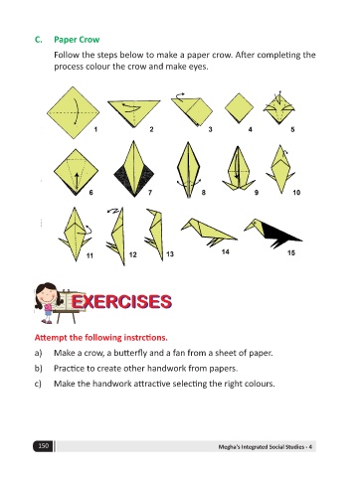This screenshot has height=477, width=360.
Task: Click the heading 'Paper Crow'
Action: [77, 40]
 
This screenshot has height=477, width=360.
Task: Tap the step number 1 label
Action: [95, 129]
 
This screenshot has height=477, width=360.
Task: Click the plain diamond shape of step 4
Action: [239, 108]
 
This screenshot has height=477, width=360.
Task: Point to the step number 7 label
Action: [150, 192]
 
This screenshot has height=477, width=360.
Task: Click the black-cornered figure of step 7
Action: [134, 169]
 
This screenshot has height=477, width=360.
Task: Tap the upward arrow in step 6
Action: [77, 181]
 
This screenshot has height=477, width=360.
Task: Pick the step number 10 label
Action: [296, 192]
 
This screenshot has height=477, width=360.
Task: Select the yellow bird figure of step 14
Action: [209, 232]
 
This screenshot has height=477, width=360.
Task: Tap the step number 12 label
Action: [132, 254]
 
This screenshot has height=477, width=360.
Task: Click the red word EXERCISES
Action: [121, 302]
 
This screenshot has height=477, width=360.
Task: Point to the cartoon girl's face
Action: [48, 295]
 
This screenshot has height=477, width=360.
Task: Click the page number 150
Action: [44, 446]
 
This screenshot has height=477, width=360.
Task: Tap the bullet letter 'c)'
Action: [38, 384]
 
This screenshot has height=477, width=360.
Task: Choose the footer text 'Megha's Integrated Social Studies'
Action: [262, 447]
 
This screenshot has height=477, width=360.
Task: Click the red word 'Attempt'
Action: [47, 338]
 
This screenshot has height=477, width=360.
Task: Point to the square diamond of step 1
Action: [74, 112]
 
